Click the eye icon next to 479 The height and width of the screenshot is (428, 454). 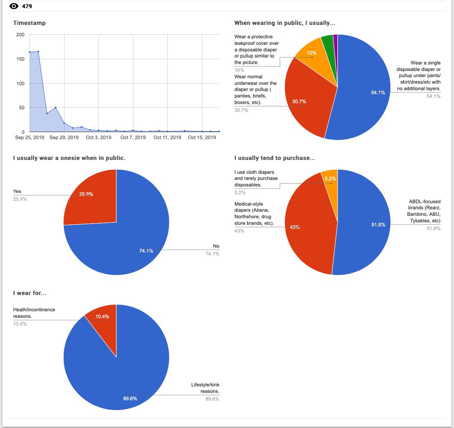(14, 6)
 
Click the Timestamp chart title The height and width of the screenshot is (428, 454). (29, 23)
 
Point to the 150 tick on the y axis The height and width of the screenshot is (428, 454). (20, 59)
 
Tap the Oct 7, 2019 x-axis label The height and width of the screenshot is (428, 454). (133, 137)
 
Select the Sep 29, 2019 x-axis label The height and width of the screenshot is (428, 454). (64, 137)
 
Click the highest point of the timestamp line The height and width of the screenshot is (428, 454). (38, 51)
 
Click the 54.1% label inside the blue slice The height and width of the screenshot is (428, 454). (378, 93)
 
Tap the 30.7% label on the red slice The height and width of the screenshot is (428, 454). (299, 101)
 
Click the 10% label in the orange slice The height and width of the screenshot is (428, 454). (312, 53)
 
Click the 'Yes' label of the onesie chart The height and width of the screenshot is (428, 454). (17, 191)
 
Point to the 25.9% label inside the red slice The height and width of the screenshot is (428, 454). (86, 194)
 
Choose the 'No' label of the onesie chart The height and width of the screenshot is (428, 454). (216, 246)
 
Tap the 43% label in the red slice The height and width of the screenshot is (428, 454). (295, 227)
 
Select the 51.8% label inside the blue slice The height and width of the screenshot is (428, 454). (378, 225)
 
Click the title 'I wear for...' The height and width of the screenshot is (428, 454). (29, 293)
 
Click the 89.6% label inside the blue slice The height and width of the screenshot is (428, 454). (130, 398)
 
